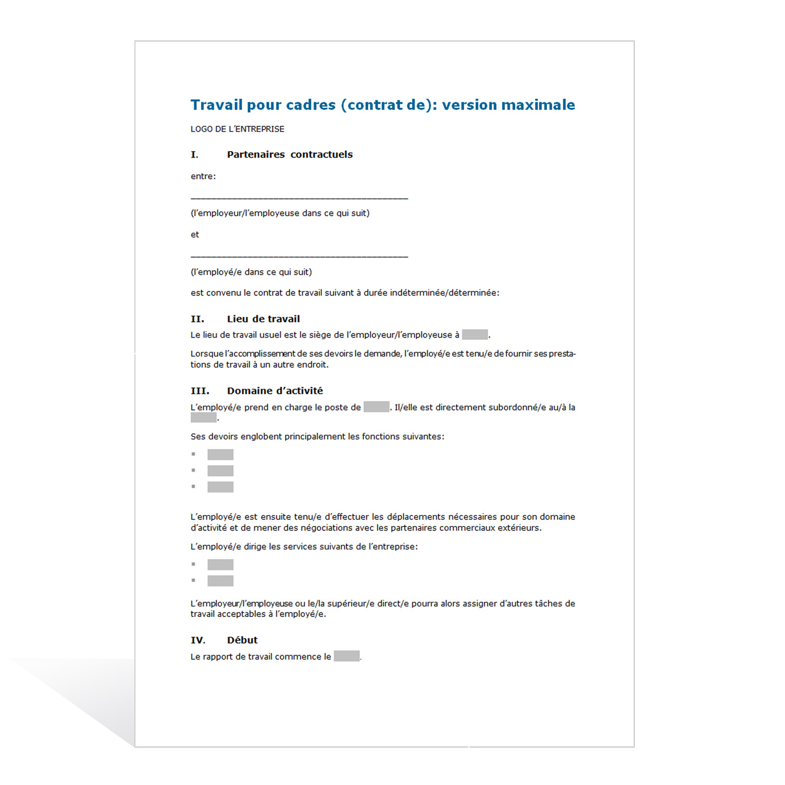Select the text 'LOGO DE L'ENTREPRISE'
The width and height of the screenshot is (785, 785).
coord(237,129)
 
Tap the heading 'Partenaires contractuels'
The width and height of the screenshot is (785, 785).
coord(289,154)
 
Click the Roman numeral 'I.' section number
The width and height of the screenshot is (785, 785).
coord(195,155)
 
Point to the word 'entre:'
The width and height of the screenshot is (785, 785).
coord(203,176)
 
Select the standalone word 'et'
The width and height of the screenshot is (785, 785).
coord(195,234)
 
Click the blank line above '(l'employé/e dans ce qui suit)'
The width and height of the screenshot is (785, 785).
coord(299,256)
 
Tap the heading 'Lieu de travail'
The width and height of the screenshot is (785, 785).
coord(263,319)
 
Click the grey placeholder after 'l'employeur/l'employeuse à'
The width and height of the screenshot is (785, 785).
coord(475,334)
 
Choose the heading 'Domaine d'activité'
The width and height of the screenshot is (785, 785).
coord(275,391)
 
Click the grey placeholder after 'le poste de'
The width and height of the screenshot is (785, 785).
coord(376,407)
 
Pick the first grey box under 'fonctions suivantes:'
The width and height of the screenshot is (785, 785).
coord(220,454)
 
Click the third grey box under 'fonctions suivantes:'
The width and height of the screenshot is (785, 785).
coord(220,487)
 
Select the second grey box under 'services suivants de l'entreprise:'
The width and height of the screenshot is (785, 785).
coord(220,580)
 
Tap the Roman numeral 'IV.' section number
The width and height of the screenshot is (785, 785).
coord(198,640)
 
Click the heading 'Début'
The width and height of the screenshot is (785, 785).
coord(242,640)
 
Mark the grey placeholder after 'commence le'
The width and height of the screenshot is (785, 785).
coord(346,656)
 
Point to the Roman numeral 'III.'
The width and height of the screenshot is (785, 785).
coord(200,391)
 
